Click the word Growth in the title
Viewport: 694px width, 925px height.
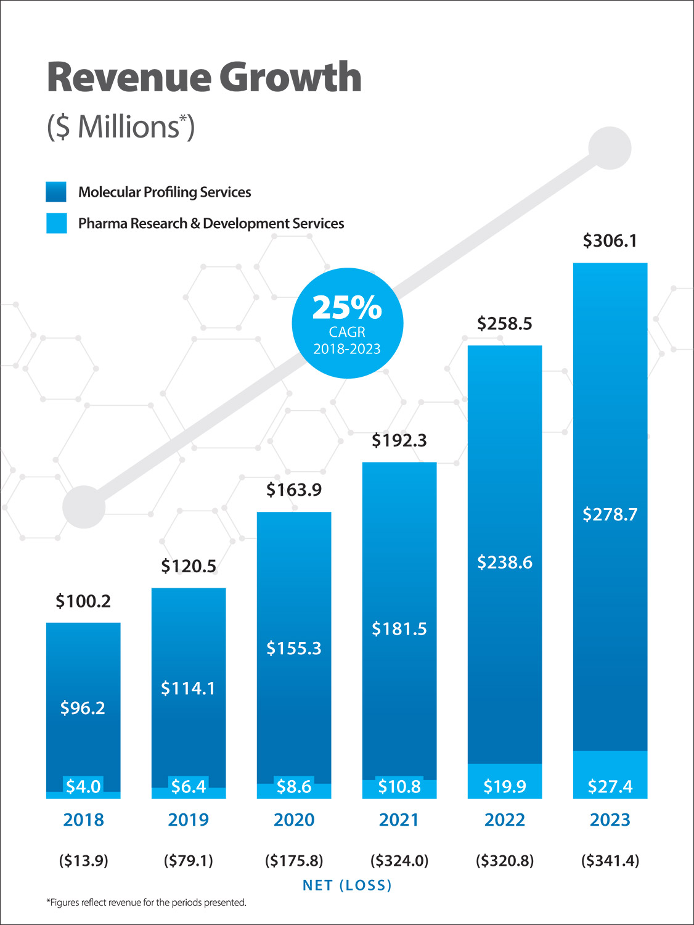(x=290, y=78)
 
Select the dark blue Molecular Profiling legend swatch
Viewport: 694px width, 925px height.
(x=56, y=192)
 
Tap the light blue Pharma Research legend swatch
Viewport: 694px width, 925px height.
(x=56, y=223)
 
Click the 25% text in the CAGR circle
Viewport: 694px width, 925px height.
(x=347, y=307)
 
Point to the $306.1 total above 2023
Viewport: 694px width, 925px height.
(x=610, y=240)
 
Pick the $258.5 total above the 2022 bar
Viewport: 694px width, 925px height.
(x=504, y=324)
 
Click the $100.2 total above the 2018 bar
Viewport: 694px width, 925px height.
(x=83, y=601)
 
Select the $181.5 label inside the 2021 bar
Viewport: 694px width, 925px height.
(x=399, y=629)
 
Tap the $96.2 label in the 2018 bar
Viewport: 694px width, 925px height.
(x=83, y=708)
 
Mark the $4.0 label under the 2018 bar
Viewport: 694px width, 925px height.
(x=83, y=786)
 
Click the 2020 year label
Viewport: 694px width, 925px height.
(x=294, y=820)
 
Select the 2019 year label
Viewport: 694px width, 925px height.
(x=189, y=820)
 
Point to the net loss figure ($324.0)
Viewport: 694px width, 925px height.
(x=399, y=860)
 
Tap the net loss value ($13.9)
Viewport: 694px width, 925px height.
(x=83, y=860)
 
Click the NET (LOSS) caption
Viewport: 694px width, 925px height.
(x=347, y=886)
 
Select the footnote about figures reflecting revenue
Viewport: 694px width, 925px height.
(x=147, y=903)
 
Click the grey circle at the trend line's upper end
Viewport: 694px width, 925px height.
(x=610, y=148)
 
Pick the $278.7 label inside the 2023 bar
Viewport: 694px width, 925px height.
(x=610, y=514)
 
